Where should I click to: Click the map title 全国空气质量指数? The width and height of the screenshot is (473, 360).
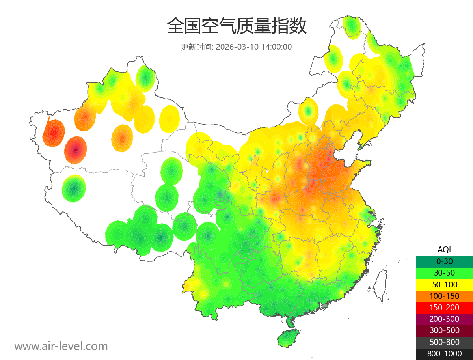pyautogui.click(x=236, y=26)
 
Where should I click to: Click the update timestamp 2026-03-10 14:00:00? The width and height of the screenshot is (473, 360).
pyautogui.click(x=254, y=47)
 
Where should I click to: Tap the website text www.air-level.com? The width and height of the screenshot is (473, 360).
pyautogui.click(x=61, y=346)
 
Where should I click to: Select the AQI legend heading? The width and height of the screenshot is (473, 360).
pyautogui.click(x=444, y=249)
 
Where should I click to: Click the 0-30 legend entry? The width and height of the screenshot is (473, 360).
pyautogui.click(x=444, y=261)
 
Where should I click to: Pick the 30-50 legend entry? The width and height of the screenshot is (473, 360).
pyautogui.click(x=444, y=272)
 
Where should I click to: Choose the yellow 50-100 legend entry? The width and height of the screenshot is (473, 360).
pyautogui.click(x=444, y=284)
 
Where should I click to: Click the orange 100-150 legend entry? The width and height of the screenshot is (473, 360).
pyautogui.click(x=444, y=296)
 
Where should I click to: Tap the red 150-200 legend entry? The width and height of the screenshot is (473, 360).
pyautogui.click(x=444, y=307)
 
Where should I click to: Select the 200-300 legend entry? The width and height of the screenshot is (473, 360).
pyautogui.click(x=444, y=319)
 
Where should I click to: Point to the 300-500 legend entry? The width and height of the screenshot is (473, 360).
pyautogui.click(x=444, y=330)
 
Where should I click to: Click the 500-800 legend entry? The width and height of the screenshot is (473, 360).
pyautogui.click(x=444, y=342)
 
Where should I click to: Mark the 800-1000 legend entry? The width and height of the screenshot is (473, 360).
pyautogui.click(x=444, y=354)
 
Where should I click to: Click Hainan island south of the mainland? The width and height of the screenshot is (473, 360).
pyautogui.click(x=288, y=339)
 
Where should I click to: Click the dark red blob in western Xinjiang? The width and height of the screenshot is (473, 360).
pyautogui.click(x=75, y=149)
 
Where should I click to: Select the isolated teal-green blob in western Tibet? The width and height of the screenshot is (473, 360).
pyautogui.click(x=74, y=188)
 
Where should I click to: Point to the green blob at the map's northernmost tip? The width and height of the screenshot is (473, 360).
pyautogui.click(x=352, y=26)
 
